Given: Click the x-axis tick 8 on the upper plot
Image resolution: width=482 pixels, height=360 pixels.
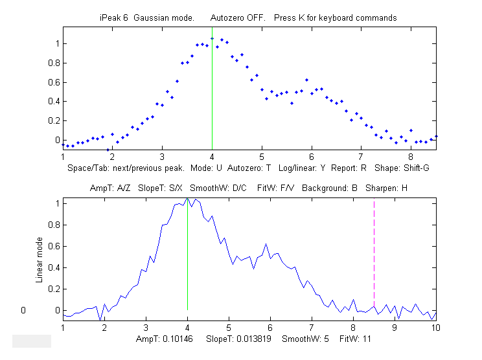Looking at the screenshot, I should click(411, 157).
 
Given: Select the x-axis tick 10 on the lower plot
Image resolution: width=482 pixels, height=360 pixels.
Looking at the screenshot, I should click(436, 328).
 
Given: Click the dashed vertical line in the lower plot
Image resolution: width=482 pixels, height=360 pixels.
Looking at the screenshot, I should click(374, 259).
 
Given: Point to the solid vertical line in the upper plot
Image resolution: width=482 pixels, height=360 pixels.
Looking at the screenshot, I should click(212, 97).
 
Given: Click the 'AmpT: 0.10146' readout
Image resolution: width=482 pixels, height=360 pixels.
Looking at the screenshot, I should click(163, 339).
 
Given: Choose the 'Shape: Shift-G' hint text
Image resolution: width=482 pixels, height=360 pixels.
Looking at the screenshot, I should click(402, 168).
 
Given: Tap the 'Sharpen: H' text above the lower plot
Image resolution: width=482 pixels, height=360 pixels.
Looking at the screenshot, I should click(386, 188).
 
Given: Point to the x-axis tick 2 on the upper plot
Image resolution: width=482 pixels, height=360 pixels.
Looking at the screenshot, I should click(112, 157).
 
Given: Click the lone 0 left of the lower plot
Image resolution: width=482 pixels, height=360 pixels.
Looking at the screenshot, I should click(23, 310).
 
